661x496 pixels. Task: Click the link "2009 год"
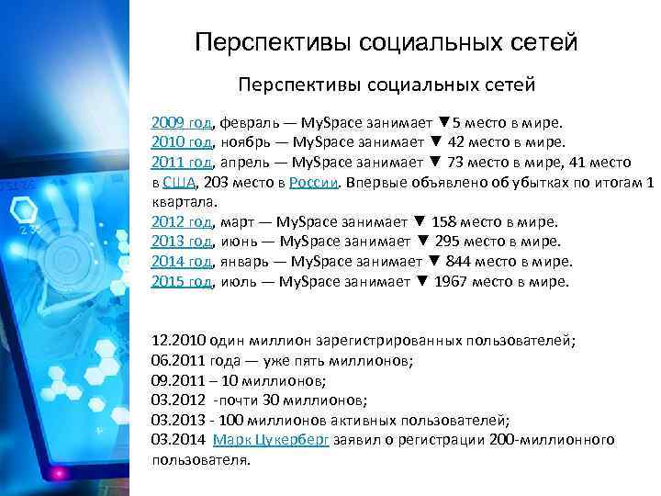[182, 123]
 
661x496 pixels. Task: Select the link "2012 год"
[182, 222]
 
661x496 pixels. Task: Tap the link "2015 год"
[182, 282]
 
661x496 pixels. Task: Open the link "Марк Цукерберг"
[271, 440]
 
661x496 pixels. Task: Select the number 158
[448, 222]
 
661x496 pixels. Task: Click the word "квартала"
[184, 203]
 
